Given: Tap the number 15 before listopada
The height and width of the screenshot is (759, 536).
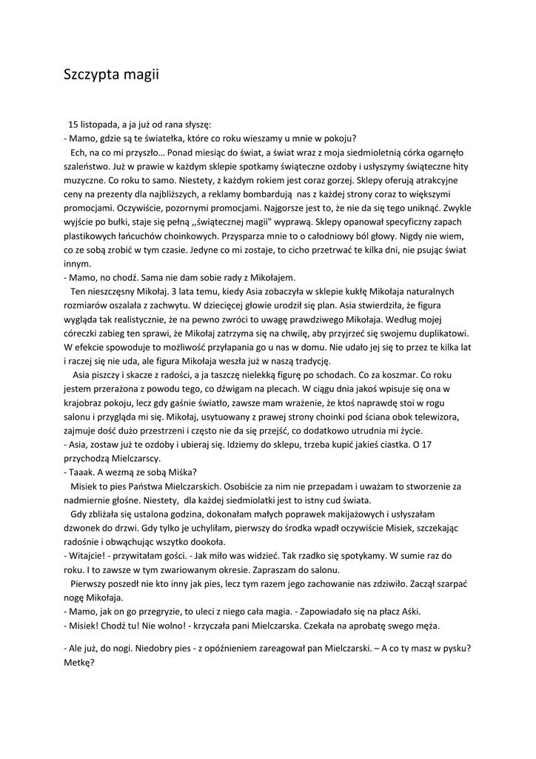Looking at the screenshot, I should tap(73, 124).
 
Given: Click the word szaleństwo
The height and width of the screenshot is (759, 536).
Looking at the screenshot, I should tap(89, 165).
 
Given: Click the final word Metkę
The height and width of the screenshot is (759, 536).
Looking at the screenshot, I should tap(80, 661).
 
